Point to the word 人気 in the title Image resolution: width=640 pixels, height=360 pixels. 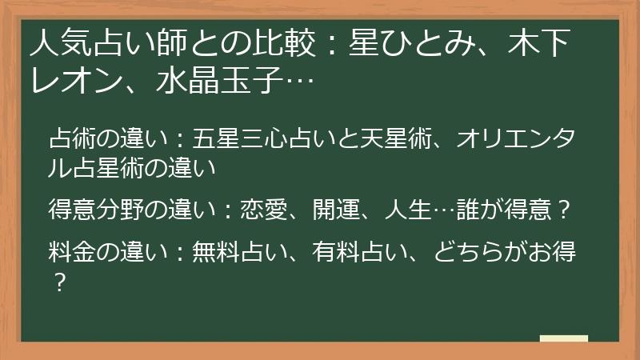[x=62, y=43]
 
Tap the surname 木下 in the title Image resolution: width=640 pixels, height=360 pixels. [x=538, y=43]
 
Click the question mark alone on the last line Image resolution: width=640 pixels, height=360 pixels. [x=60, y=282]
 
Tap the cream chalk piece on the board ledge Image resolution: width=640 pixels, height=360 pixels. [x=564, y=338]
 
